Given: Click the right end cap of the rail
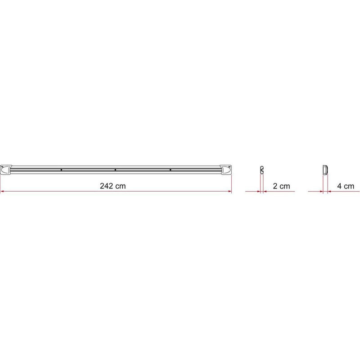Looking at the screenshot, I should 225,170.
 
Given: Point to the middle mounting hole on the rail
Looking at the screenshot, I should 116,170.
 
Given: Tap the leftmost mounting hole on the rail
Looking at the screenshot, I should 61,170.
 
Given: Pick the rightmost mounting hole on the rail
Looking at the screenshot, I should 170,170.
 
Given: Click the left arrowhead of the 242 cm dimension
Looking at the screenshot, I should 2,192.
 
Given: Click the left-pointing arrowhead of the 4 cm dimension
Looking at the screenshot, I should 330,192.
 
